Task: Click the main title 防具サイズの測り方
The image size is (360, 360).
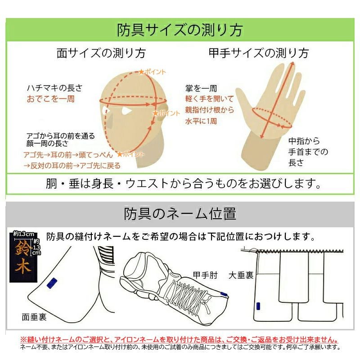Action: click(180, 30)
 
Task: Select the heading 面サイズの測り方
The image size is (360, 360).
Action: click(101, 53)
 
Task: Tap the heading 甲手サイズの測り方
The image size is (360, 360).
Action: click(259, 53)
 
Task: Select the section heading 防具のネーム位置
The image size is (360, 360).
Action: click(180, 213)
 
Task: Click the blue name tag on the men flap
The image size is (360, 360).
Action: click(52, 283)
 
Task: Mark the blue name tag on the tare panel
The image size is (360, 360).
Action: click(258, 306)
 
